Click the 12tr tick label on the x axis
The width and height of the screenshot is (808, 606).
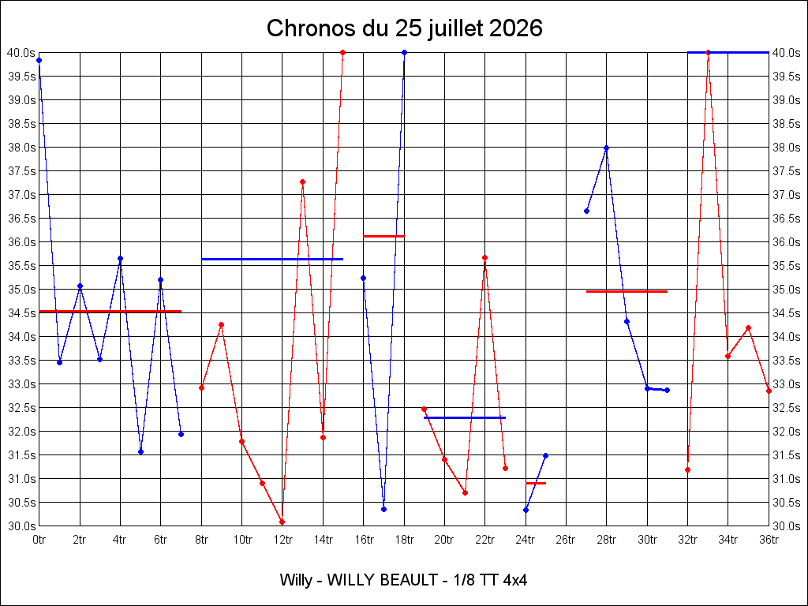pos(282,540)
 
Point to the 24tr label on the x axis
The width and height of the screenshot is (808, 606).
pos(526,540)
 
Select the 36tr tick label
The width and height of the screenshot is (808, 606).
pos(769,540)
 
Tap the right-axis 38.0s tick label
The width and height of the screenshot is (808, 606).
pos(787,148)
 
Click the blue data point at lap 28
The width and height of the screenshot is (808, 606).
pos(607,148)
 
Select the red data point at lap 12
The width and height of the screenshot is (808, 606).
pos(282,522)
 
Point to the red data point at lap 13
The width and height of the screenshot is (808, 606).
pos(302,182)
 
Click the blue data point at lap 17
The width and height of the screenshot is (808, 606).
pos(384,509)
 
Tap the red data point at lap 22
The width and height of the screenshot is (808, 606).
pos(485,258)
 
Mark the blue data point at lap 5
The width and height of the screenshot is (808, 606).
pos(140,452)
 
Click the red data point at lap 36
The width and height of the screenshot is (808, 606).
pos(769,391)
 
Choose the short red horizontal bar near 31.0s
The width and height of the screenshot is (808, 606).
pos(536,484)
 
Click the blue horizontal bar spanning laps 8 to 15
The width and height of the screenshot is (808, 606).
pos(272,259)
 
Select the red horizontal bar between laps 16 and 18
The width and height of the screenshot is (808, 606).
pos(384,237)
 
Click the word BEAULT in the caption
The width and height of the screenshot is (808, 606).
pos(408,580)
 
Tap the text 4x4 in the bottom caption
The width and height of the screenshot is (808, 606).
pos(515,580)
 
